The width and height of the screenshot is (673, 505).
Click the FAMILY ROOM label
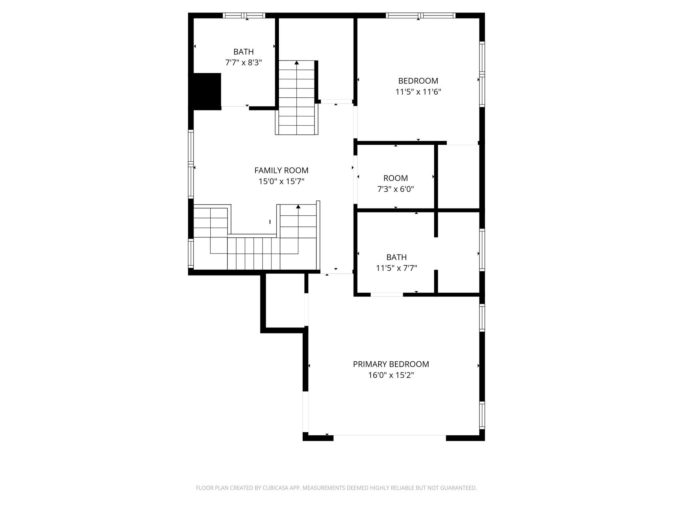[x=281, y=170]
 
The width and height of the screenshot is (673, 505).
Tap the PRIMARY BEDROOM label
[x=391, y=364]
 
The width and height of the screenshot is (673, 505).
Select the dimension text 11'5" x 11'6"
[x=418, y=92]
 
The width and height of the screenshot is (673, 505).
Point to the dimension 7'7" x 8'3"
[x=244, y=62]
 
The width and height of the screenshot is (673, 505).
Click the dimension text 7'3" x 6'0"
[x=396, y=189]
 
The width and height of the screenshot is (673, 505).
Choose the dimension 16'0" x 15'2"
[x=391, y=375]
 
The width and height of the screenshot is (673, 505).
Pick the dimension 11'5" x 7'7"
[x=397, y=268]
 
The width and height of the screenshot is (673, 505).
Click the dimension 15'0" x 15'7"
[x=282, y=181]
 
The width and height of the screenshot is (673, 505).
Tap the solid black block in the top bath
[x=207, y=91]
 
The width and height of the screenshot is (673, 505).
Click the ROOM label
[x=396, y=178]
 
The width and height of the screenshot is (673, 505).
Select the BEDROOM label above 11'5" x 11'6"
[x=418, y=81]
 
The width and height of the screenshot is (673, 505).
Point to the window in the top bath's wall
[x=244, y=15]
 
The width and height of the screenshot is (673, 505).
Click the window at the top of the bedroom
[x=421, y=15]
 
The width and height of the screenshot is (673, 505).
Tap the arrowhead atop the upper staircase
[x=297, y=62]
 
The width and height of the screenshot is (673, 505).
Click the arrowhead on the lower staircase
[x=298, y=206]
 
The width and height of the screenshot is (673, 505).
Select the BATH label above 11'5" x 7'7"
[x=396, y=257]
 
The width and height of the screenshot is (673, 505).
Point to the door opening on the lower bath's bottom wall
[x=387, y=295]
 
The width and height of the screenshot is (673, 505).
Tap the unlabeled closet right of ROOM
[x=458, y=177]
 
